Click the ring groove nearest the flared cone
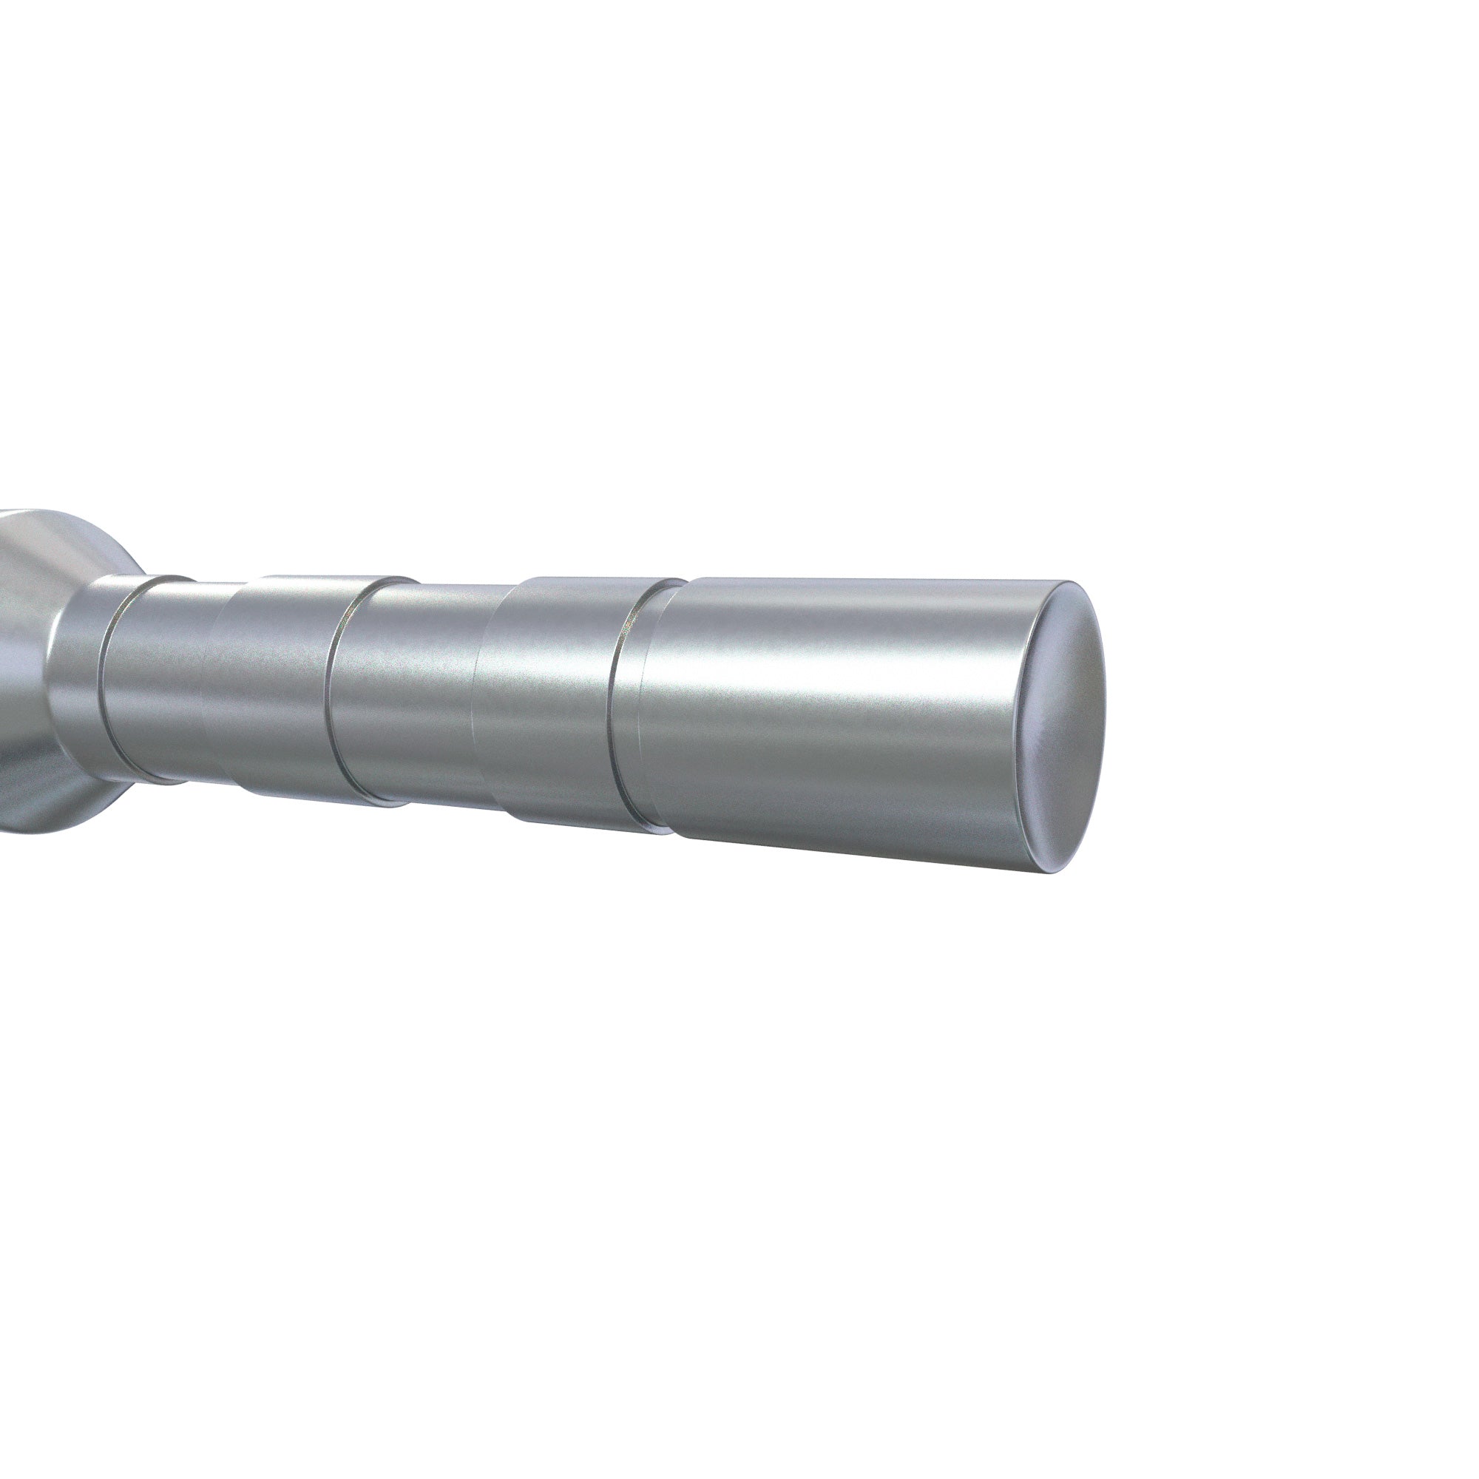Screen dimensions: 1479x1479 pyautogui.click(x=107, y=677)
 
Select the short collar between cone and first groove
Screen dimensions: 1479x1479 pyautogui.click(x=77, y=674)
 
